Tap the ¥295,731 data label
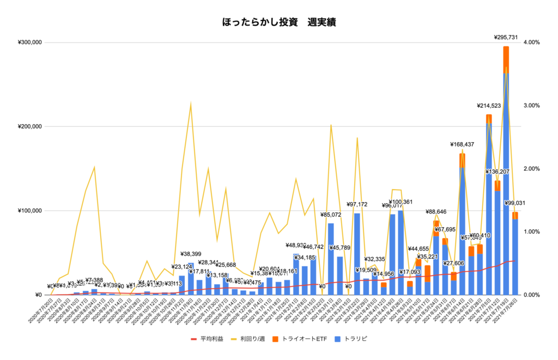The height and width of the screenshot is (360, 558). [x=506, y=38]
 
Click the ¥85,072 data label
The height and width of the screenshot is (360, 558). [x=331, y=215]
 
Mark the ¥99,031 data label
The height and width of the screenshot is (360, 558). [x=515, y=203]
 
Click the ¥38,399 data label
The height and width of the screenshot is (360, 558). [x=191, y=254]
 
